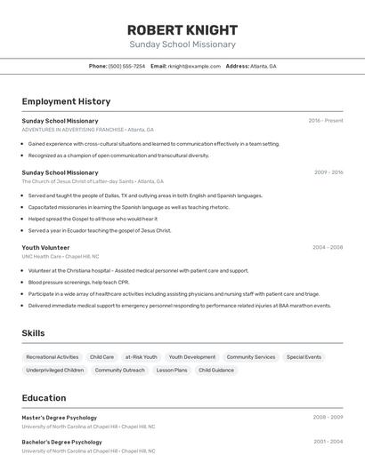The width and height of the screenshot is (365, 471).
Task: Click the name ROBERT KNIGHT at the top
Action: [x=182, y=30]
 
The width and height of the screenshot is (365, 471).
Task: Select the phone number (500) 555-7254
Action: [x=126, y=66]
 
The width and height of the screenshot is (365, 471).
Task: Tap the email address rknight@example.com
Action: [x=194, y=66]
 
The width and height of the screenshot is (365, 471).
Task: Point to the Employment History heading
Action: [x=66, y=101]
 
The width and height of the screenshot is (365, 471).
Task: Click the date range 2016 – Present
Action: [x=326, y=120]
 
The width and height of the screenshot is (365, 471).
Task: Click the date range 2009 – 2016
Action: [x=328, y=172]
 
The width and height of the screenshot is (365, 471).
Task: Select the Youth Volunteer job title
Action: [x=45, y=247]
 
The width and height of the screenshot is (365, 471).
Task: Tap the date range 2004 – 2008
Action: [x=328, y=247]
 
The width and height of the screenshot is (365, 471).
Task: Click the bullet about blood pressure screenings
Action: [x=78, y=282]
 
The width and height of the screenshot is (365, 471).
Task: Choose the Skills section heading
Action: [x=33, y=333]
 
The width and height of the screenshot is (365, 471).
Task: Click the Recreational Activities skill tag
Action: [x=53, y=356]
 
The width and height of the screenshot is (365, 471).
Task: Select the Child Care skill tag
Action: [x=101, y=356]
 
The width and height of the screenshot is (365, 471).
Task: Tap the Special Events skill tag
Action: [x=304, y=356]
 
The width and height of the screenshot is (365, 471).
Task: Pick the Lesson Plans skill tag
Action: [x=172, y=370]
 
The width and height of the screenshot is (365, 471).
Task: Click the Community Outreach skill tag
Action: [x=119, y=370]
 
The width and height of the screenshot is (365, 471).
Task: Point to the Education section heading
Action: [x=44, y=398]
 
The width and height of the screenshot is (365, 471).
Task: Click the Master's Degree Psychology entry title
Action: [x=59, y=417]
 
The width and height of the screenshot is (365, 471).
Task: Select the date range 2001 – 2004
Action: [x=328, y=441]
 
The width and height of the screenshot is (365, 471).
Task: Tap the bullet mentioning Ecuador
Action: [x=99, y=230]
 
